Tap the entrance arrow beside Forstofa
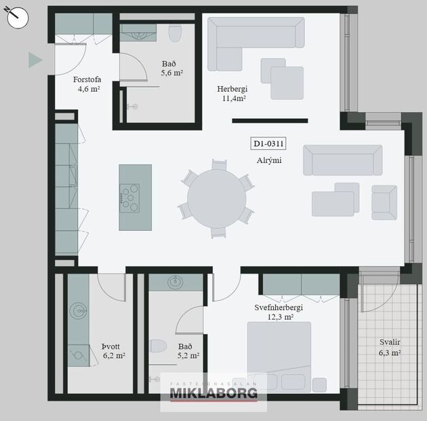click(x=35, y=61)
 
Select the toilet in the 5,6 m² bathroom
click(x=176, y=34)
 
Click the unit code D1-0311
click(x=268, y=144)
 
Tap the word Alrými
click(x=269, y=161)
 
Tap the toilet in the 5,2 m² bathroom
click(x=158, y=347)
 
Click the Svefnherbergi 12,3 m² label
click(x=279, y=312)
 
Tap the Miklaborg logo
click(x=213, y=392)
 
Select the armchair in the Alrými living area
click(x=384, y=202)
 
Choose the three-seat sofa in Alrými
click(x=342, y=160)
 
